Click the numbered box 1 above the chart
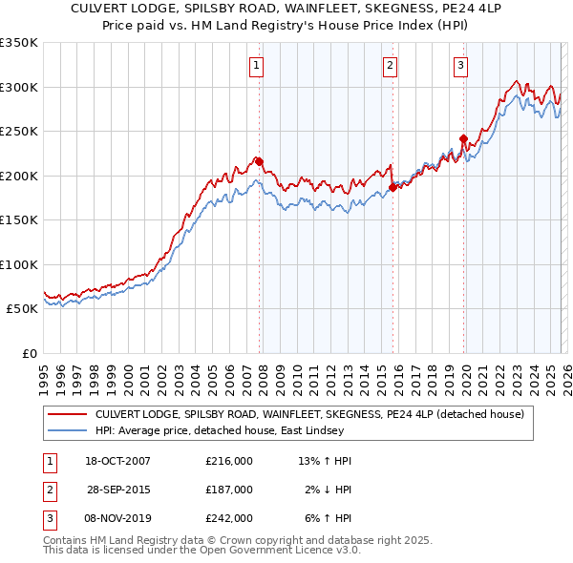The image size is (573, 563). coord(258,66)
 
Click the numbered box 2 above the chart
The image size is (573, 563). coord(392,66)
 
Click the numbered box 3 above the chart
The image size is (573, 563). coord(461,66)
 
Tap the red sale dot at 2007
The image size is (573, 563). coord(259,162)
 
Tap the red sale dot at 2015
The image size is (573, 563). coord(393,188)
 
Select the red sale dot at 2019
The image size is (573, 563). coord(463,139)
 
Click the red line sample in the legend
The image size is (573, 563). coord(68,415)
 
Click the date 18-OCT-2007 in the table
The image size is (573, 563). coord(117,461)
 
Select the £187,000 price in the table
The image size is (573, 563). coord(229,490)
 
